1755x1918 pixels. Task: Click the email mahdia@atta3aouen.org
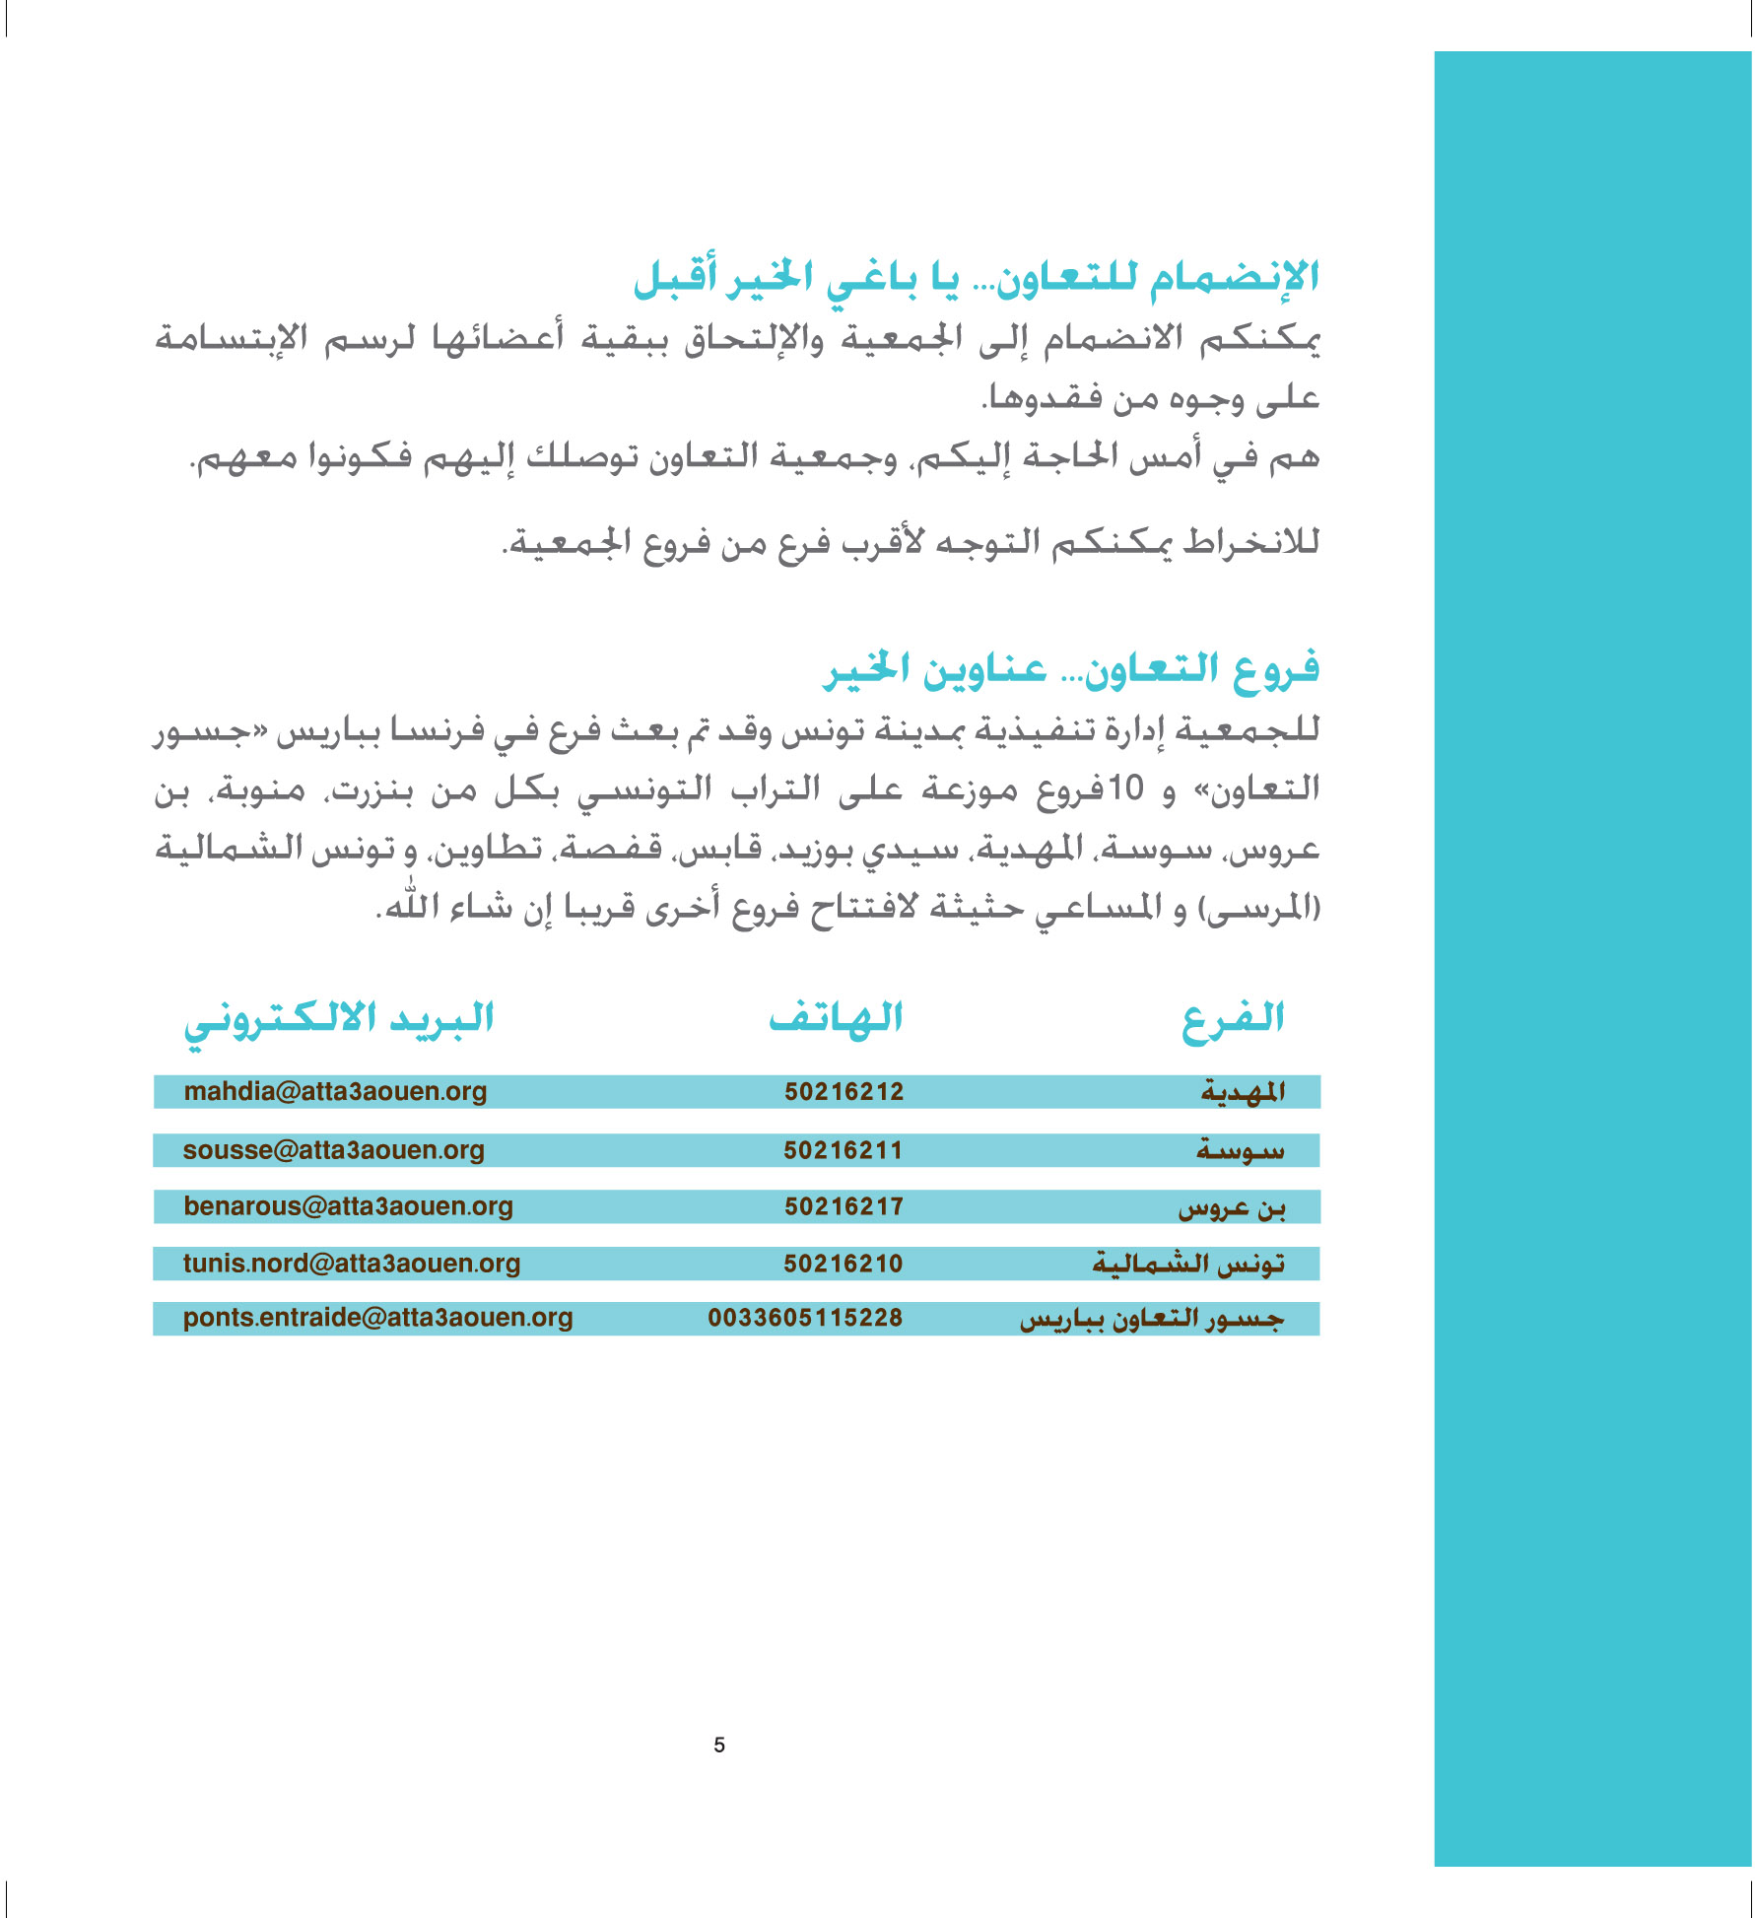coord(335,1091)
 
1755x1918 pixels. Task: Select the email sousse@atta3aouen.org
coord(333,1150)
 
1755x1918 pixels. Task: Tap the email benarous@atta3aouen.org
coord(348,1206)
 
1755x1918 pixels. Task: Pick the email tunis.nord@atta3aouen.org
coord(351,1264)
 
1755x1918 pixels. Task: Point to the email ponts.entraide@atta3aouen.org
coord(377,1318)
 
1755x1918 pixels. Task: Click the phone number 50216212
coord(844,1091)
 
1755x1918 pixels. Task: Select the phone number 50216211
coord(843,1150)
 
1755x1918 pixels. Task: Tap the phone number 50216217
coord(844,1206)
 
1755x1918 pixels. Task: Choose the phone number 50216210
coord(843,1264)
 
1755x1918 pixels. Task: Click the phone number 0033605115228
coord(805,1318)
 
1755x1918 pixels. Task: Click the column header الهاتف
coord(836,1018)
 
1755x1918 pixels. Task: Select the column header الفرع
coord(1233,1020)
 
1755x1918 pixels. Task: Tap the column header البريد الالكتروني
coord(339,1020)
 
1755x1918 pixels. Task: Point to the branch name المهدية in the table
coord(1243,1092)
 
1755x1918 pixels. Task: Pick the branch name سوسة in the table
coord(1241,1150)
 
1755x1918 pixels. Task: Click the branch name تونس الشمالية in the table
coord(1188,1264)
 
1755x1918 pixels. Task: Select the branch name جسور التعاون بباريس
coord(1152,1319)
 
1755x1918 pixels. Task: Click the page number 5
coord(719,1746)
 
